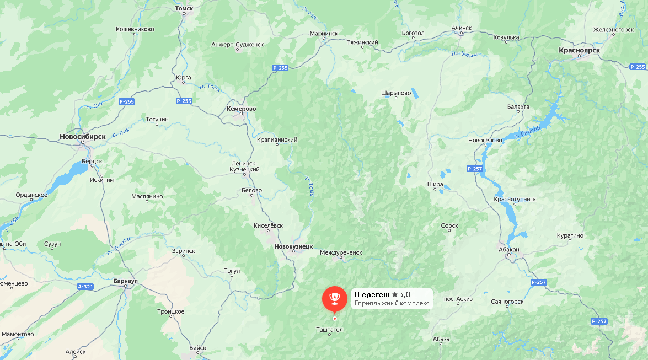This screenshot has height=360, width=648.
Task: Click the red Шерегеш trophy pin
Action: click(x=334, y=298)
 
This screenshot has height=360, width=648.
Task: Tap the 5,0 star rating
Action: click(x=401, y=294)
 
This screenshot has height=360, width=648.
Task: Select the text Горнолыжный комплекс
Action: click(x=392, y=303)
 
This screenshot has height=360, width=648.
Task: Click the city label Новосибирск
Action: click(x=83, y=136)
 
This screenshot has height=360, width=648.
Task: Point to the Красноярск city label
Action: click(x=579, y=50)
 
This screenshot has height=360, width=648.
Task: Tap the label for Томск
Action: click(x=184, y=9)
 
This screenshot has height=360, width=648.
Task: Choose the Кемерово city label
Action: click(x=242, y=109)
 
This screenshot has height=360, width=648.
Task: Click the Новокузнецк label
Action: click(x=293, y=246)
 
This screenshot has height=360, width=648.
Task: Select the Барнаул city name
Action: click(x=125, y=281)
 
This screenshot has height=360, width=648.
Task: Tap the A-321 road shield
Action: click(x=85, y=287)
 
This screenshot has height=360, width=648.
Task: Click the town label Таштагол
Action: click(x=330, y=330)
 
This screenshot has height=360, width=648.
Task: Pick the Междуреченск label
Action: click(x=341, y=252)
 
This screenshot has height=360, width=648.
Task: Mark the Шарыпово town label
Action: click(x=396, y=93)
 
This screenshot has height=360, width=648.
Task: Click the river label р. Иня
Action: click(x=120, y=133)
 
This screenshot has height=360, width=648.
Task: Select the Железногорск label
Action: click(x=613, y=30)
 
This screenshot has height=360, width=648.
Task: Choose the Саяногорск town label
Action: click(x=507, y=302)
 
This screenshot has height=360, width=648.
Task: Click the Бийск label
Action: click(x=197, y=348)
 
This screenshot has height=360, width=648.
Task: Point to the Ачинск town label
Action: click(x=462, y=28)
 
